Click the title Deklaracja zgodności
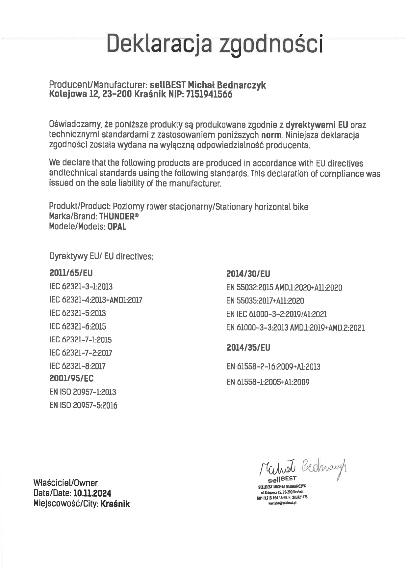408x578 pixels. click(x=215, y=44)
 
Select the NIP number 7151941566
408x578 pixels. click(x=209, y=95)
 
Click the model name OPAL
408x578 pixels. click(x=117, y=227)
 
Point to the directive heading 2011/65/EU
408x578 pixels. click(x=71, y=273)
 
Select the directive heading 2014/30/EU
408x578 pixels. click(x=248, y=274)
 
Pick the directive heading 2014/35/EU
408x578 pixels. click(x=248, y=348)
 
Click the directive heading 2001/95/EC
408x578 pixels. click(x=71, y=378)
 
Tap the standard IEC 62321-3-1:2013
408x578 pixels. click(x=81, y=287)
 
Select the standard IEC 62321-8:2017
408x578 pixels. click(x=77, y=366)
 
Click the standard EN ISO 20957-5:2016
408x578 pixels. click(x=83, y=405)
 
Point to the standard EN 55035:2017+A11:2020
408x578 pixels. click(x=265, y=301)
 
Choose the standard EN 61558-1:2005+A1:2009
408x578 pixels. click(x=268, y=382)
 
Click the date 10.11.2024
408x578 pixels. click(x=92, y=493)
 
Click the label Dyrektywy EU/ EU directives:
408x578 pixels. click(x=101, y=256)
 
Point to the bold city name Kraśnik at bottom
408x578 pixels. click(x=115, y=504)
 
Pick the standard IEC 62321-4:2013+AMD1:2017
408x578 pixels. click(x=96, y=300)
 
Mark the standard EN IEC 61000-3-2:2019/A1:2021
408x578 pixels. click(x=276, y=314)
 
